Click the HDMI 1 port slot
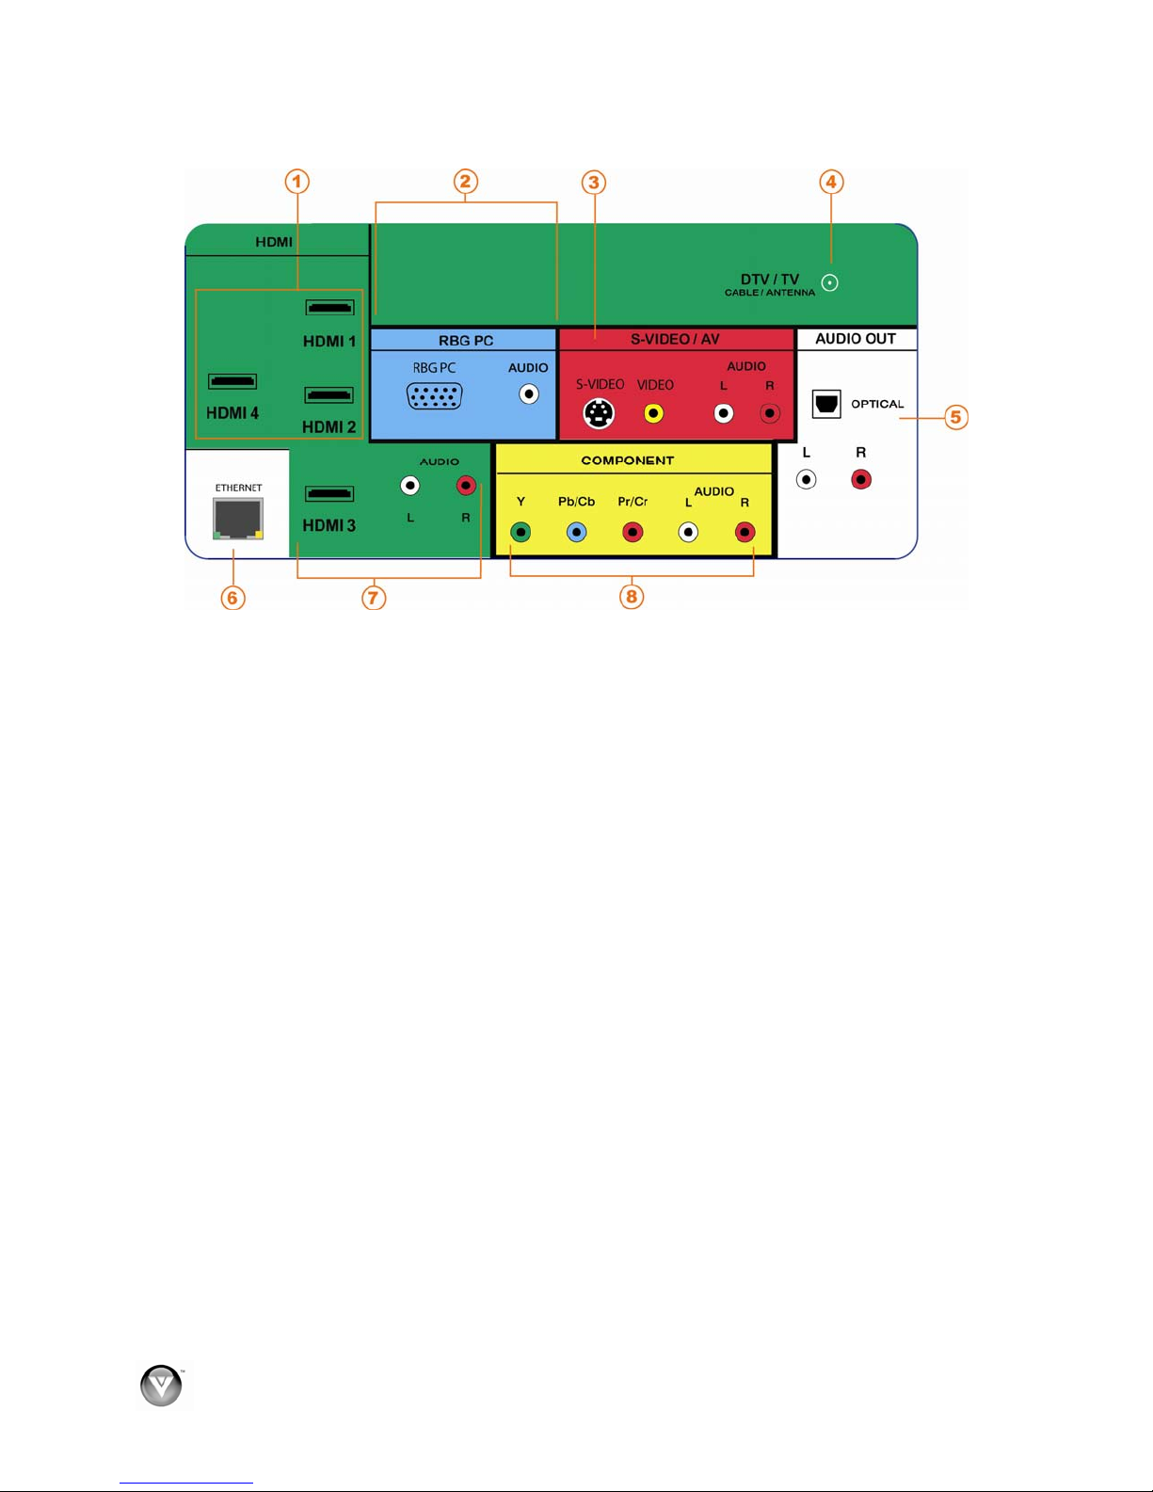(329, 307)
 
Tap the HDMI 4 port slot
(232, 381)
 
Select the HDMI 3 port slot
(329, 493)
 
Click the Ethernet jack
(238, 519)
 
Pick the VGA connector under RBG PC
(435, 396)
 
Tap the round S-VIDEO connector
(599, 413)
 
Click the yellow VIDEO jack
(653, 413)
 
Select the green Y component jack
(520, 532)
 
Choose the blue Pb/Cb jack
(576, 532)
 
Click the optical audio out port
(826, 404)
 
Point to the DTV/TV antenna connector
(830, 283)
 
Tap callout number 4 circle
(831, 182)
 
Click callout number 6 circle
(232, 598)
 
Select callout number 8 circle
(632, 596)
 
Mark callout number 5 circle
(956, 417)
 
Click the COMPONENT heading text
(627, 460)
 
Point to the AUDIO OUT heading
(856, 339)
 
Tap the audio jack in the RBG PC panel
(528, 394)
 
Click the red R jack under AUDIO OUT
(861, 479)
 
